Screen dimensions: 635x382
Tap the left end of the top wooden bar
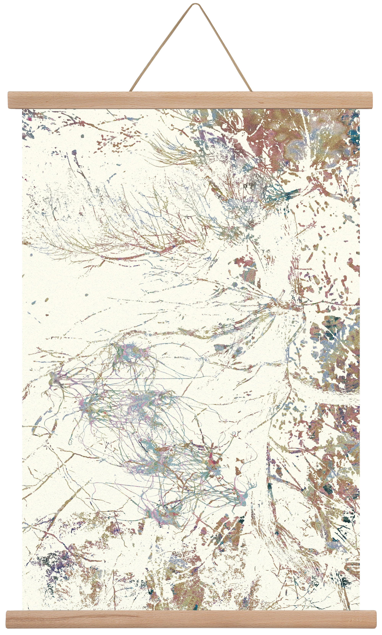pos(9,99)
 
